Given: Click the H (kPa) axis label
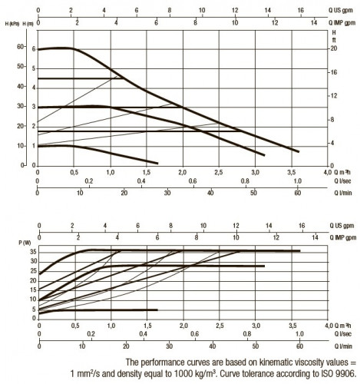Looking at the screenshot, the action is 12,24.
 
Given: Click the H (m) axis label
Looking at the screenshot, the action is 28,24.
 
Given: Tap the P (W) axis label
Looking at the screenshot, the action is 25,243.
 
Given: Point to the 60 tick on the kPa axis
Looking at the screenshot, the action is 20,47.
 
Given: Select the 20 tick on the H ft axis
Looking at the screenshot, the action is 334,48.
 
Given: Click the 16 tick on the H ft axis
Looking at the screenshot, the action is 334,72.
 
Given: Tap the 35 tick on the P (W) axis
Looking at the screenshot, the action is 34,252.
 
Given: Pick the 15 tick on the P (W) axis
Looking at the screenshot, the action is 34,290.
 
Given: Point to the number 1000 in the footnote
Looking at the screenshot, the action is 183,374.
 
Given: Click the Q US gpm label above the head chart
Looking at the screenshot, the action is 341,11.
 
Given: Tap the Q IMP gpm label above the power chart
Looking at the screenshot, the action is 343,237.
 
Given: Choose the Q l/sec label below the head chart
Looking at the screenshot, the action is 342,181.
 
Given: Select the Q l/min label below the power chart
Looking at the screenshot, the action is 343,346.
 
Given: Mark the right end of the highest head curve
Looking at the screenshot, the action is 299,152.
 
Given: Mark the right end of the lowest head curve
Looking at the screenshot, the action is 157,164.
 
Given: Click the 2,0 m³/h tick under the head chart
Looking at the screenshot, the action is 183,172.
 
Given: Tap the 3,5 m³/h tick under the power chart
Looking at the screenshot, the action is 292,326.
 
